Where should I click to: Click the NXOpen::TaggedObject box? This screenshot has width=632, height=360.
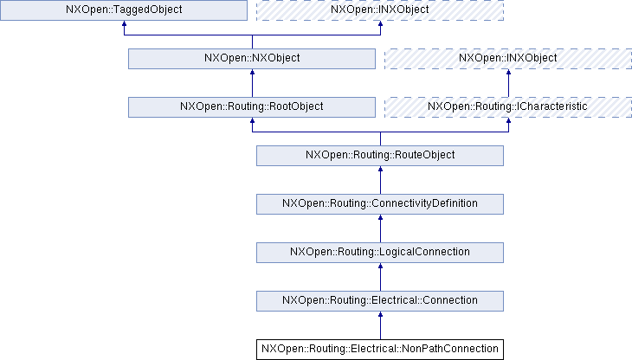(123, 10)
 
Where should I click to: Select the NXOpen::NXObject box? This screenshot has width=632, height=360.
(251, 59)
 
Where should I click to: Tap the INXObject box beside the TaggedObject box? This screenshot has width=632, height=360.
(380, 10)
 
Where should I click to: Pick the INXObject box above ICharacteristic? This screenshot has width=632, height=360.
(508, 59)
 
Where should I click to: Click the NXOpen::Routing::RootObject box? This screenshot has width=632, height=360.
(251, 106)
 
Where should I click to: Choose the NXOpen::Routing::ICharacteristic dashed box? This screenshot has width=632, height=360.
(508, 106)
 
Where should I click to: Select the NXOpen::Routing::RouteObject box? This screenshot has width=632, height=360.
(380, 155)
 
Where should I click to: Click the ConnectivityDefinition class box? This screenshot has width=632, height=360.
(380, 203)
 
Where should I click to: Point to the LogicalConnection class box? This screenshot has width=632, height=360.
(380, 252)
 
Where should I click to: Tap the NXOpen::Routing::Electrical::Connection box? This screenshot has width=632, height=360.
(380, 300)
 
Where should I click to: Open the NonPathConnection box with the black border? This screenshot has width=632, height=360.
(380, 349)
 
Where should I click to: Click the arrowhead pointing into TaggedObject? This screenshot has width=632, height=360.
(123, 26)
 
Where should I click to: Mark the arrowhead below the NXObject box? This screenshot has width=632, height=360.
(251, 74)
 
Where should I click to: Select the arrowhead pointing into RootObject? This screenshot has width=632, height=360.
(251, 123)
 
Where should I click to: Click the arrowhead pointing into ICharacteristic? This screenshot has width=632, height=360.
(508, 123)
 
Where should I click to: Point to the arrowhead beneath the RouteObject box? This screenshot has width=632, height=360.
(380, 171)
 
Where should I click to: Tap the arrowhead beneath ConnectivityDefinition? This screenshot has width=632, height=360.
(380, 220)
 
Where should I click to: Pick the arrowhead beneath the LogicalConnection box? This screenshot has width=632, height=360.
(380, 268)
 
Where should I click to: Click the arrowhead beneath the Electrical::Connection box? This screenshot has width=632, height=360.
(380, 317)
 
